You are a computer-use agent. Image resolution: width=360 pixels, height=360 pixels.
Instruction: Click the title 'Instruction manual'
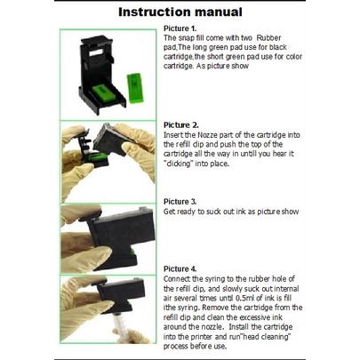tap(180, 12)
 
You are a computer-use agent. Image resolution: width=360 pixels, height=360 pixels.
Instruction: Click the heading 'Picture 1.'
tap(180, 28)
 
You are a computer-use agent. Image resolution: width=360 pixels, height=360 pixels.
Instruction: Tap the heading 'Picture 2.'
tap(181, 124)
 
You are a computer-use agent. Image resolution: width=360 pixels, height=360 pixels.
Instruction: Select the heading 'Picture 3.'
tap(180, 202)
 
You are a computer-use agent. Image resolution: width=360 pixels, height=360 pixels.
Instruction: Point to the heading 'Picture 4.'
tap(180, 268)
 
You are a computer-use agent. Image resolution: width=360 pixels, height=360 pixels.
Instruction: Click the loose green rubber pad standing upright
tap(135, 88)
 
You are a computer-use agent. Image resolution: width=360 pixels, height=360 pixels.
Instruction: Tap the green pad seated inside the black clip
tap(103, 92)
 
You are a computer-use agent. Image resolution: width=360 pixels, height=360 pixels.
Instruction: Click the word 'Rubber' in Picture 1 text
tap(268, 38)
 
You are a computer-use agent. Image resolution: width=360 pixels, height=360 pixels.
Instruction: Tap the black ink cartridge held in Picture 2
tap(112, 140)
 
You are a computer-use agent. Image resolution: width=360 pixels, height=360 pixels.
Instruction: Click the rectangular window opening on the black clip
tap(96, 52)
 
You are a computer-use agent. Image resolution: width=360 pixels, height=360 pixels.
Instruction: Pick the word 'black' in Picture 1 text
tap(278, 47)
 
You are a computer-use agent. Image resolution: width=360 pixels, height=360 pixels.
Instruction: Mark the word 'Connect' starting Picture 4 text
tap(177, 279)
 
